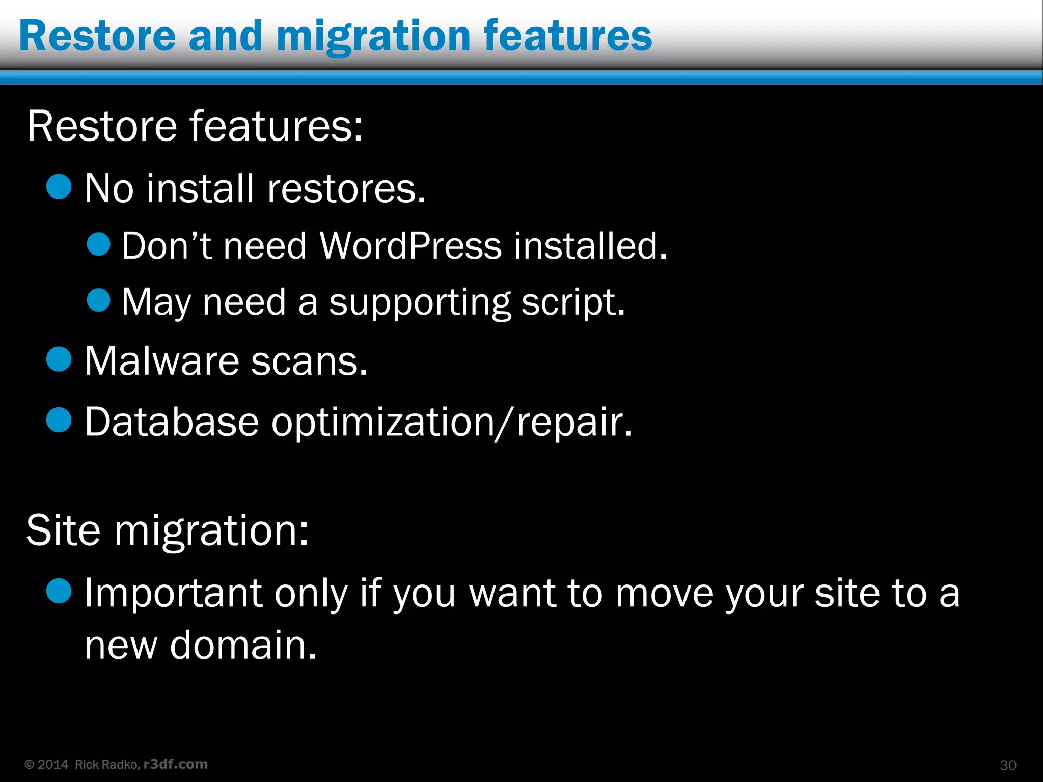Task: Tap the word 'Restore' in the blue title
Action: (x=97, y=37)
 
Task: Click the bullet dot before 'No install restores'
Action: (x=59, y=186)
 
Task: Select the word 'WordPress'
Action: (x=410, y=246)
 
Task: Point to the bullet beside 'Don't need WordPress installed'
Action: (x=98, y=244)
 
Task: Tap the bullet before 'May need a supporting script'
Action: (x=98, y=300)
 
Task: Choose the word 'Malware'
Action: (x=161, y=361)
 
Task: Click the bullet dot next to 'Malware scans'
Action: (x=59, y=359)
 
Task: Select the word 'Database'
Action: (x=172, y=422)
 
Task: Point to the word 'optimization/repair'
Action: (x=452, y=422)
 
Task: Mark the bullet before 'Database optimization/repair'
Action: (x=59, y=421)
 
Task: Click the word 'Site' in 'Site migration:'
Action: (x=63, y=530)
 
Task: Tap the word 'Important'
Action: (x=173, y=593)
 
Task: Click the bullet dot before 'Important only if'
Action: (x=59, y=591)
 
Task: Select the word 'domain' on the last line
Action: (x=243, y=645)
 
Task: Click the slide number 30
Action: (x=1008, y=765)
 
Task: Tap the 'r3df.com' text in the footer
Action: (x=176, y=764)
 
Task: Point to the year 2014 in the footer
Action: (x=53, y=765)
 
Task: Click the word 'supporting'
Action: (x=419, y=302)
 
